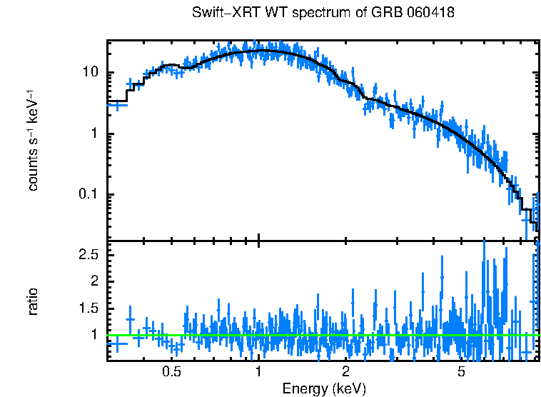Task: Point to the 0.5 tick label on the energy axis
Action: [171, 371]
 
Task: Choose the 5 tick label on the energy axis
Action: [461, 371]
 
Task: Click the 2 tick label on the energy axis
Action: [345, 371]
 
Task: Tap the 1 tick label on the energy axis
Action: [258, 371]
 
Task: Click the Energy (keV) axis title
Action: [324, 389]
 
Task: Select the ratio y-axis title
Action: [34, 301]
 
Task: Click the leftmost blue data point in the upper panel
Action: [117, 104]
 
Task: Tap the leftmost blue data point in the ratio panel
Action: [117, 343]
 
